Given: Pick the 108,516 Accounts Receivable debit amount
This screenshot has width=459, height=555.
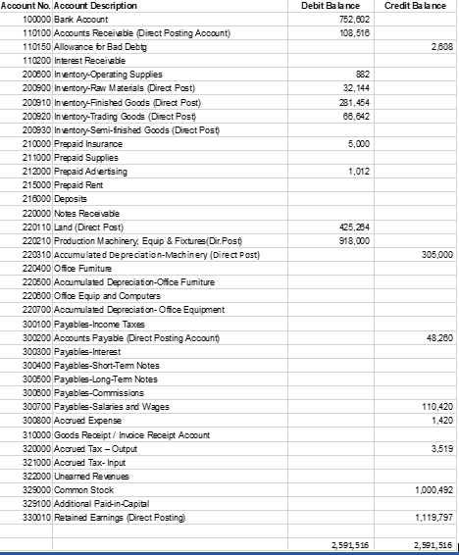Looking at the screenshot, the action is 347,32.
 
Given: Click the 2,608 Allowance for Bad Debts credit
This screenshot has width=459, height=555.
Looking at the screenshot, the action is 441,46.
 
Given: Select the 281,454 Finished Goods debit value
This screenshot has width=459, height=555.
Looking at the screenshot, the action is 347,114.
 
